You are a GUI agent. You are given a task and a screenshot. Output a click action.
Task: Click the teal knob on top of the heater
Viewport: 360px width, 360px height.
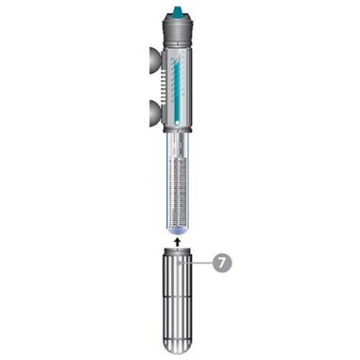(178, 13)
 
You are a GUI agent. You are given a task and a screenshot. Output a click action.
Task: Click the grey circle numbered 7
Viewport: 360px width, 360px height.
(222, 263)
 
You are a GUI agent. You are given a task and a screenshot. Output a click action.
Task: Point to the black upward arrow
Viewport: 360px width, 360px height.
(178, 242)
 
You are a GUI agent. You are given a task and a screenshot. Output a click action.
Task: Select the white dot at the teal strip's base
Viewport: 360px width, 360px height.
(178, 123)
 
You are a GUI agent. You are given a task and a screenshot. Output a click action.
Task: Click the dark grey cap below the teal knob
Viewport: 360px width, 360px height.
(178, 30)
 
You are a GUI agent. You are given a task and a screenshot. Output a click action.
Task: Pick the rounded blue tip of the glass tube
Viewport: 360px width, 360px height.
(178, 232)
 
